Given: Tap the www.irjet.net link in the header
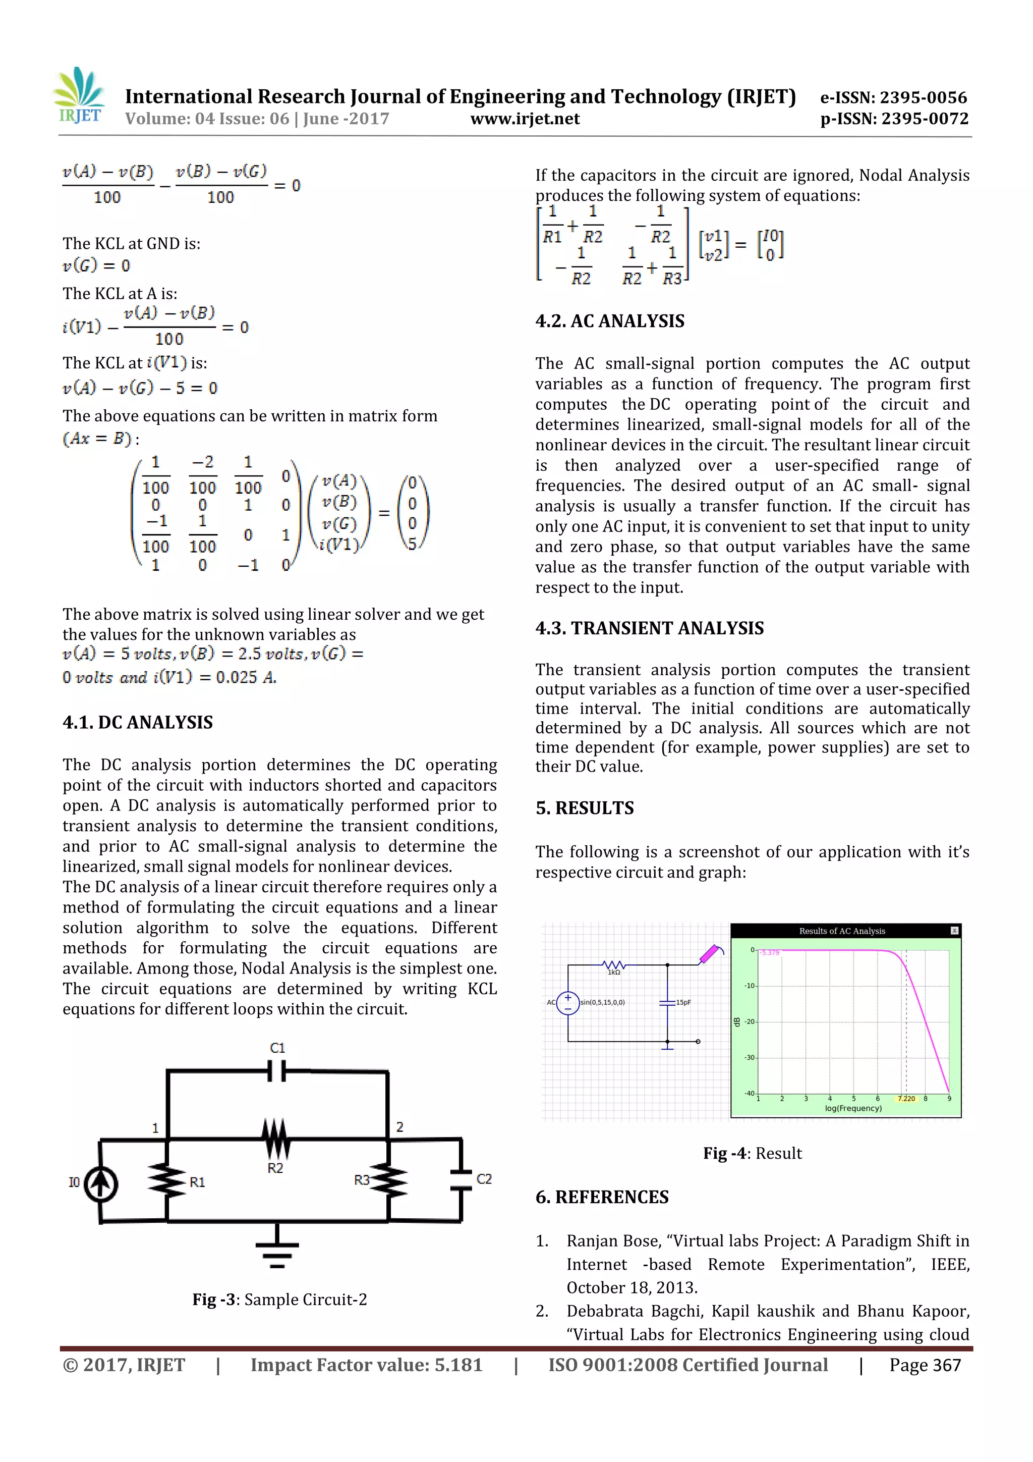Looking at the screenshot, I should (x=525, y=119).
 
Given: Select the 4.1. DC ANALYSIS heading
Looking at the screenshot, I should (x=138, y=722).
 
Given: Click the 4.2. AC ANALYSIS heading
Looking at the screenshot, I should (x=609, y=321).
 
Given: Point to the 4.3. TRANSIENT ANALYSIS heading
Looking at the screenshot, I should (x=649, y=628).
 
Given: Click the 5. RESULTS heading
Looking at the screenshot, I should (x=584, y=808).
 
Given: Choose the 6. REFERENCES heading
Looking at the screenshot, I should (x=601, y=1197).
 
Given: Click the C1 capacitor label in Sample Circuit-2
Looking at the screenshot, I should (x=277, y=1048).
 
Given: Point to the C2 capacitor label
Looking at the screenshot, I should (x=484, y=1179).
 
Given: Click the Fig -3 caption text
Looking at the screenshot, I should (x=279, y=1299).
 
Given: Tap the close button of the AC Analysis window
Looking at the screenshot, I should (x=954, y=931).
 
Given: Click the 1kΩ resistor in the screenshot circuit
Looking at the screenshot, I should (x=613, y=965).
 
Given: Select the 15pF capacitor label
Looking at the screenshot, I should (x=683, y=1002).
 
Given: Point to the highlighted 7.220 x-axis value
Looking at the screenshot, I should (x=906, y=1099).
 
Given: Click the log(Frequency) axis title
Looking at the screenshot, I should (x=853, y=1108).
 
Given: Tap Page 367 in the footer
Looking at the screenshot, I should (x=924, y=1365).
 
